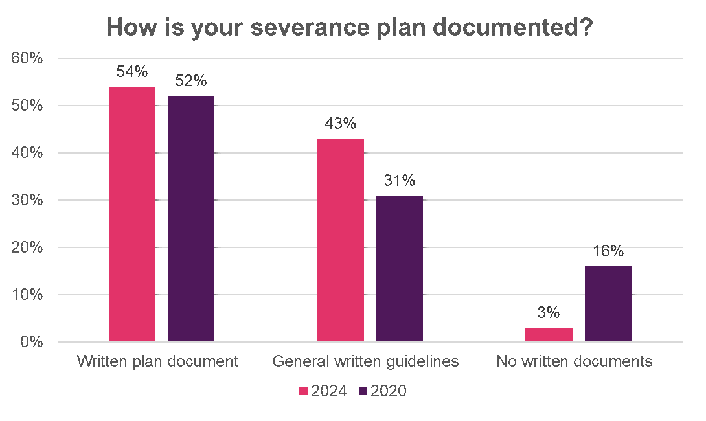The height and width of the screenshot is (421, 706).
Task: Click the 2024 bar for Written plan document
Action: tap(132, 214)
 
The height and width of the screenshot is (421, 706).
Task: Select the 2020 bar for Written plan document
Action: tap(191, 219)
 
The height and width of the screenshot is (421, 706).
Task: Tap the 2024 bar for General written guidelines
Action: tap(341, 240)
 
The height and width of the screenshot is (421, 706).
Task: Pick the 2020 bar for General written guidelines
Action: tap(400, 268)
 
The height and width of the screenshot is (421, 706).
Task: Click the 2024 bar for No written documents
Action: tap(549, 334)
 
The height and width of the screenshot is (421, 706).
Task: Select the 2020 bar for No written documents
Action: tap(608, 304)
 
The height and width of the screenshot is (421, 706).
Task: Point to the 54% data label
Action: tap(132, 73)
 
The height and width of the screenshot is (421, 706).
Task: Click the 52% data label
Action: tap(191, 82)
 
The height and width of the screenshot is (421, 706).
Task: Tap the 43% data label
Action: tap(341, 124)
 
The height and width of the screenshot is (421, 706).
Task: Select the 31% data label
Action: tap(400, 181)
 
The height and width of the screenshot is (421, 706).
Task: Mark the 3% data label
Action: tap(549, 313)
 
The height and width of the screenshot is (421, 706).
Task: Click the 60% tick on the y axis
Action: tap(27, 58)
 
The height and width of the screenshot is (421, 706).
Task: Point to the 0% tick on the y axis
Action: tap(31, 342)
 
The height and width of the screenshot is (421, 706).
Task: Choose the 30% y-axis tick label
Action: tap(27, 200)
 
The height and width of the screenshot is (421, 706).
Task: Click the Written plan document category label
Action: tap(157, 361)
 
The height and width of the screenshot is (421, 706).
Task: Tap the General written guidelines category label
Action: tap(365, 361)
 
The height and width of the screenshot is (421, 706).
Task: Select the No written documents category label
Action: tap(574, 361)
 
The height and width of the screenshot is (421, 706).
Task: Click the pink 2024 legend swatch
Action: tap(303, 391)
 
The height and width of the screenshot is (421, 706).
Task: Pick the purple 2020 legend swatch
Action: tap(363, 391)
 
